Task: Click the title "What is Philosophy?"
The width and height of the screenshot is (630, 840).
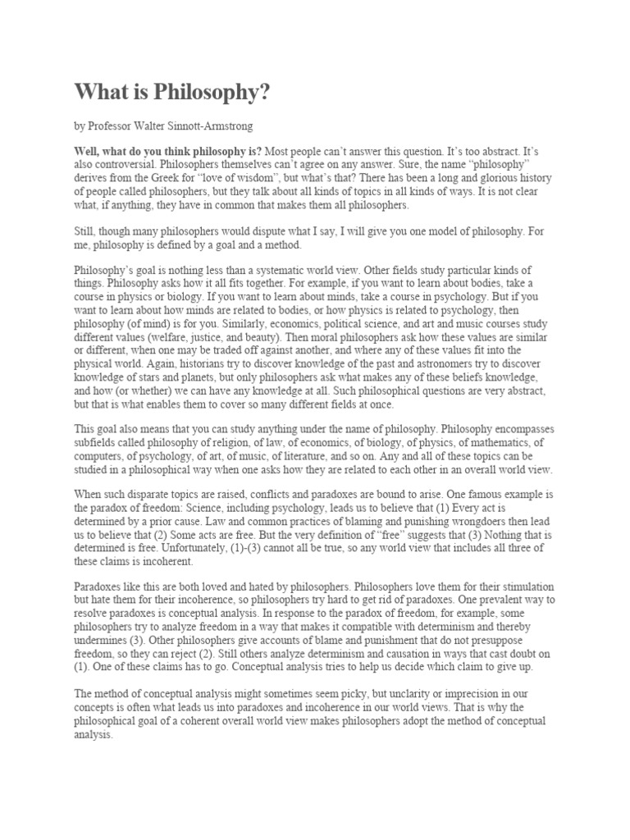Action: [172, 92]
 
